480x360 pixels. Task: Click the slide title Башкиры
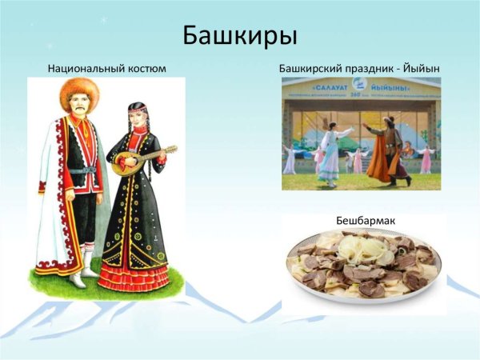239,36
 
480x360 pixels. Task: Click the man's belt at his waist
82,170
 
